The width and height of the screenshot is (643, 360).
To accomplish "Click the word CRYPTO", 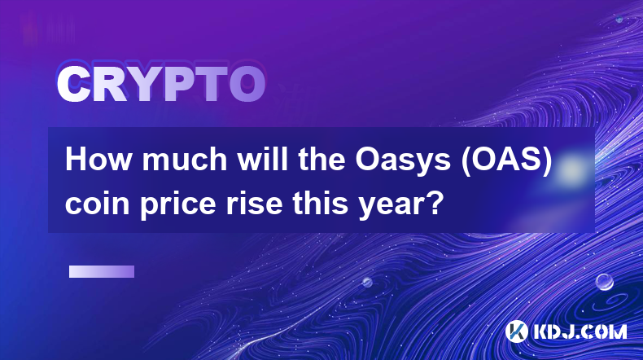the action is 161,85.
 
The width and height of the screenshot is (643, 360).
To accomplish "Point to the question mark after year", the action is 436,202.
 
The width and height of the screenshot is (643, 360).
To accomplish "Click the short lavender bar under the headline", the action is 102,272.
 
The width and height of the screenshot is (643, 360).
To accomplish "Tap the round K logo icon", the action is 517,331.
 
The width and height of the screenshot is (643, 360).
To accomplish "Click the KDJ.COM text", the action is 580,331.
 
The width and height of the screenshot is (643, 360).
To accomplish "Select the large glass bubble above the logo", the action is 605,282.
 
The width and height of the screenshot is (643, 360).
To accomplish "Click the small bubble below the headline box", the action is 367,282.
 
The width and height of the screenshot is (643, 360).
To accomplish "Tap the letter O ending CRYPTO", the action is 247,85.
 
